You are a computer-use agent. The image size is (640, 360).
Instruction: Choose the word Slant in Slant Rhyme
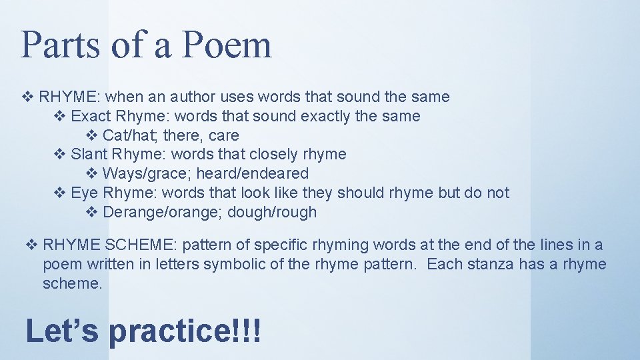89,155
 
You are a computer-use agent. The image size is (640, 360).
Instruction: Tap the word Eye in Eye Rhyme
84,193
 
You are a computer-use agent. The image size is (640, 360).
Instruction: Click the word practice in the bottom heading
168,331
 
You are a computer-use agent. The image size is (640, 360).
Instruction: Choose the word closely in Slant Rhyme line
273,155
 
